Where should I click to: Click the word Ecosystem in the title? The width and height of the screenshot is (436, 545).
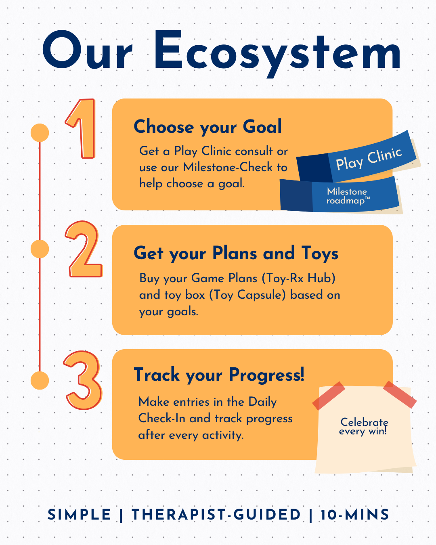click(x=277, y=54)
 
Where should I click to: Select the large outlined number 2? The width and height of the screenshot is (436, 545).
click(x=84, y=249)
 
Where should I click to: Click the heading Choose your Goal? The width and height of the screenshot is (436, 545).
click(x=208, y=127)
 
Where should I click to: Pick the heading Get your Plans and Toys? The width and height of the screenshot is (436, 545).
click(x=236, y=253)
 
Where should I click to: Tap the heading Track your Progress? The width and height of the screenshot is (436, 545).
click(x=219, y=375)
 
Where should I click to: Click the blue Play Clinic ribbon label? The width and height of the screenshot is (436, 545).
click(x=369, y=159)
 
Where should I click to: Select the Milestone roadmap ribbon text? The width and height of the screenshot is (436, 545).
click(x=348, y=196)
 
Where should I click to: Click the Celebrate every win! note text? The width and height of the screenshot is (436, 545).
click(x=364, y=426)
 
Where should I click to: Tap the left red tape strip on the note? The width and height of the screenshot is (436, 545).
click(x=329, y=396)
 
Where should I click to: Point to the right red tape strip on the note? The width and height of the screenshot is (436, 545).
click(x=400, y=394)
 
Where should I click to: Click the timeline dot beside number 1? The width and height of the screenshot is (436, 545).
click(x=40, y=133)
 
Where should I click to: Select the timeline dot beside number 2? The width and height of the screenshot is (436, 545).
click(x=40, y=249)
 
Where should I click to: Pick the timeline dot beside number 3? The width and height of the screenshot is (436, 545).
click(x=40, y=380)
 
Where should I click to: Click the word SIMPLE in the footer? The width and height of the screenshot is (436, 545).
click(x=79, y=515)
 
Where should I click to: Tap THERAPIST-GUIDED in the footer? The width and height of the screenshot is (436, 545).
click(x=216, y=515)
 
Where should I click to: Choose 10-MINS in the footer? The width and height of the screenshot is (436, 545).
click(x=355, y=515)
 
